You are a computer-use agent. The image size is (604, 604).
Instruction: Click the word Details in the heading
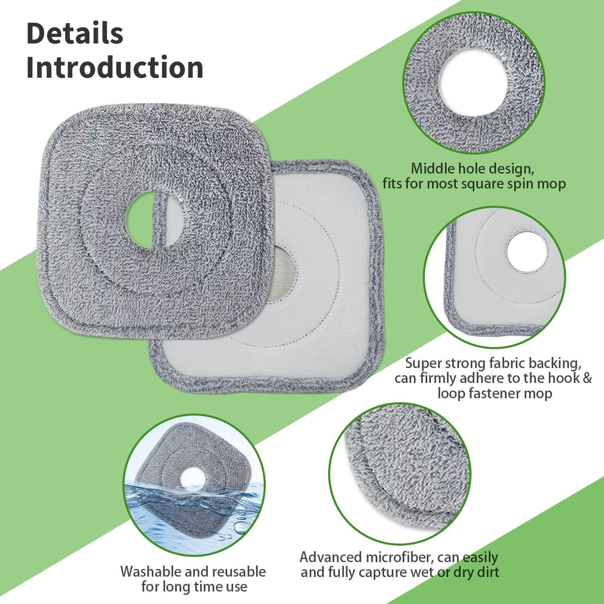pyautogui.click(x=75, y=34)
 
